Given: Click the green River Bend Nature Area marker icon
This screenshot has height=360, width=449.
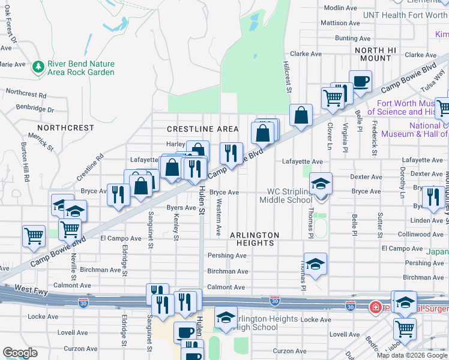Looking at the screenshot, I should (38, 64).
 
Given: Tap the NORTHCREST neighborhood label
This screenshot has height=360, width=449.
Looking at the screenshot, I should (65, 128).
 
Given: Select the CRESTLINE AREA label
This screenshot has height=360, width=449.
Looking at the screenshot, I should (202, 129).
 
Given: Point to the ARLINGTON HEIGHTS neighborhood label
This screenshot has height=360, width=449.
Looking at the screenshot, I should (255, 239).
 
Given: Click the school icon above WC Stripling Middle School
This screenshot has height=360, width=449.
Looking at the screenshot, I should (321, 183).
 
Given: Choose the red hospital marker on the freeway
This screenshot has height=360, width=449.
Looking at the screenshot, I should (375, 307).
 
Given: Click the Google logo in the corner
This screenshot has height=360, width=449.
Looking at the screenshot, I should (20, 353).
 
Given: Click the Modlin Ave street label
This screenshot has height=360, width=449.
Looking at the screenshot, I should (340, 8).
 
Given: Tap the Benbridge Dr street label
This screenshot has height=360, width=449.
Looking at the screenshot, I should (34, 110).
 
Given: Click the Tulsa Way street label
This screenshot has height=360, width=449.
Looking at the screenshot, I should (432, 79).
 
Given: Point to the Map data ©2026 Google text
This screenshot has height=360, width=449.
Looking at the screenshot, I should (411, 355).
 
